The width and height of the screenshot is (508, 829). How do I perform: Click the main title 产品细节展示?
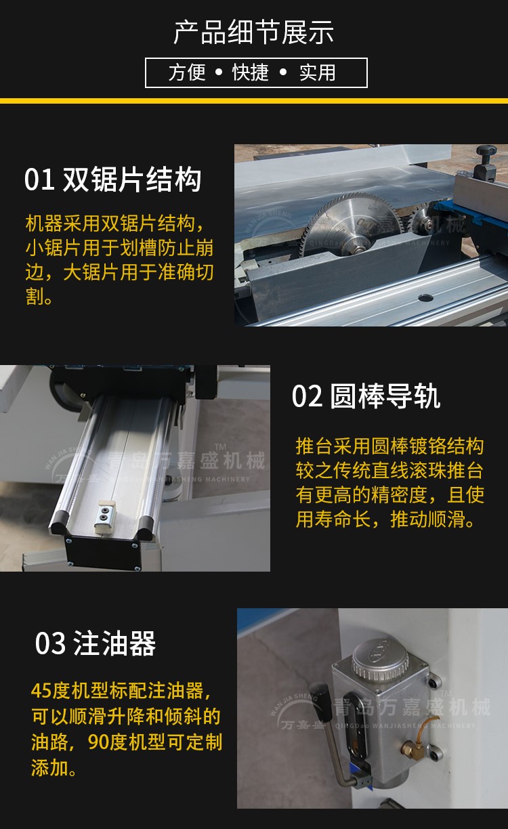tap(254, 33)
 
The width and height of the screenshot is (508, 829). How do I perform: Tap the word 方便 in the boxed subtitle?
tap(187, 72)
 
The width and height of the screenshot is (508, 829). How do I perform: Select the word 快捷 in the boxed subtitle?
tap(251, 72)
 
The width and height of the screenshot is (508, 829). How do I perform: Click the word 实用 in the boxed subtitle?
tap(318, 72)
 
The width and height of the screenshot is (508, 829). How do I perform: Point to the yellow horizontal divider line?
tap(254, 101)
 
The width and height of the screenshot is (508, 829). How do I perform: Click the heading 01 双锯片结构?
tap(113, 179)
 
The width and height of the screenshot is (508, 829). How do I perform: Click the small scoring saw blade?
tap(425, 223)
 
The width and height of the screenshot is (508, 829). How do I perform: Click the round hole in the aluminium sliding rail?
tap(425, 297)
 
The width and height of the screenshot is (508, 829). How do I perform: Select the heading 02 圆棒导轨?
tap(366, 396)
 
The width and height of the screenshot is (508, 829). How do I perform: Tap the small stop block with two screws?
tap(105, 516)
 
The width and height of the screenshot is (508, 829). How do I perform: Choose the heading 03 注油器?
tap(96, 643)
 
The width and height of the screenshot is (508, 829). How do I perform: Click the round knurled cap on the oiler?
tap(379, 660)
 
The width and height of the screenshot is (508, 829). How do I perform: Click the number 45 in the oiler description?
tap(41, 691)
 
